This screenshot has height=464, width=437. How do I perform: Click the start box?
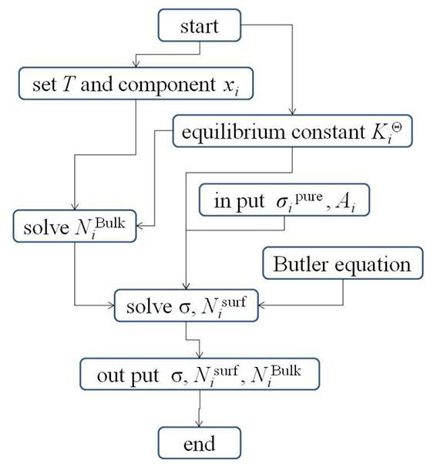coord(200,25)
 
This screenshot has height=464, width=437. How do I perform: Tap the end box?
coord(200,443)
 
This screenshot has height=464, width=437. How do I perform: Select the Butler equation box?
coord(343,263)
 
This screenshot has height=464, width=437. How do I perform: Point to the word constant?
coord(328,132)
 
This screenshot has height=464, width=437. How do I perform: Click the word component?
coord(167,86)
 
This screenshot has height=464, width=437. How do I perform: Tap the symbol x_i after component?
coord(230,86)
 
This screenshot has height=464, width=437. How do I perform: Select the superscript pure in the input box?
coord(309,197)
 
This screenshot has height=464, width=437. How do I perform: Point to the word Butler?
coord(301,264)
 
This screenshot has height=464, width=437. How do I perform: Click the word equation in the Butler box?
coord(373,265)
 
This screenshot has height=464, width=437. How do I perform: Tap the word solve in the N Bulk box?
coord(46,228)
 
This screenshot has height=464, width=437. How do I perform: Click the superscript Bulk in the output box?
coord(286,371)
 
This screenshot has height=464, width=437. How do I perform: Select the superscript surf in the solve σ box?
coord(234,302)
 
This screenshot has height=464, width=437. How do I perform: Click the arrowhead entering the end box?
coord(199,423)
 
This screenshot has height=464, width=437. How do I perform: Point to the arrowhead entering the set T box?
coord(136,64)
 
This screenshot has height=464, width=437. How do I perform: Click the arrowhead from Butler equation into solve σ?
coord(261,305)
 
